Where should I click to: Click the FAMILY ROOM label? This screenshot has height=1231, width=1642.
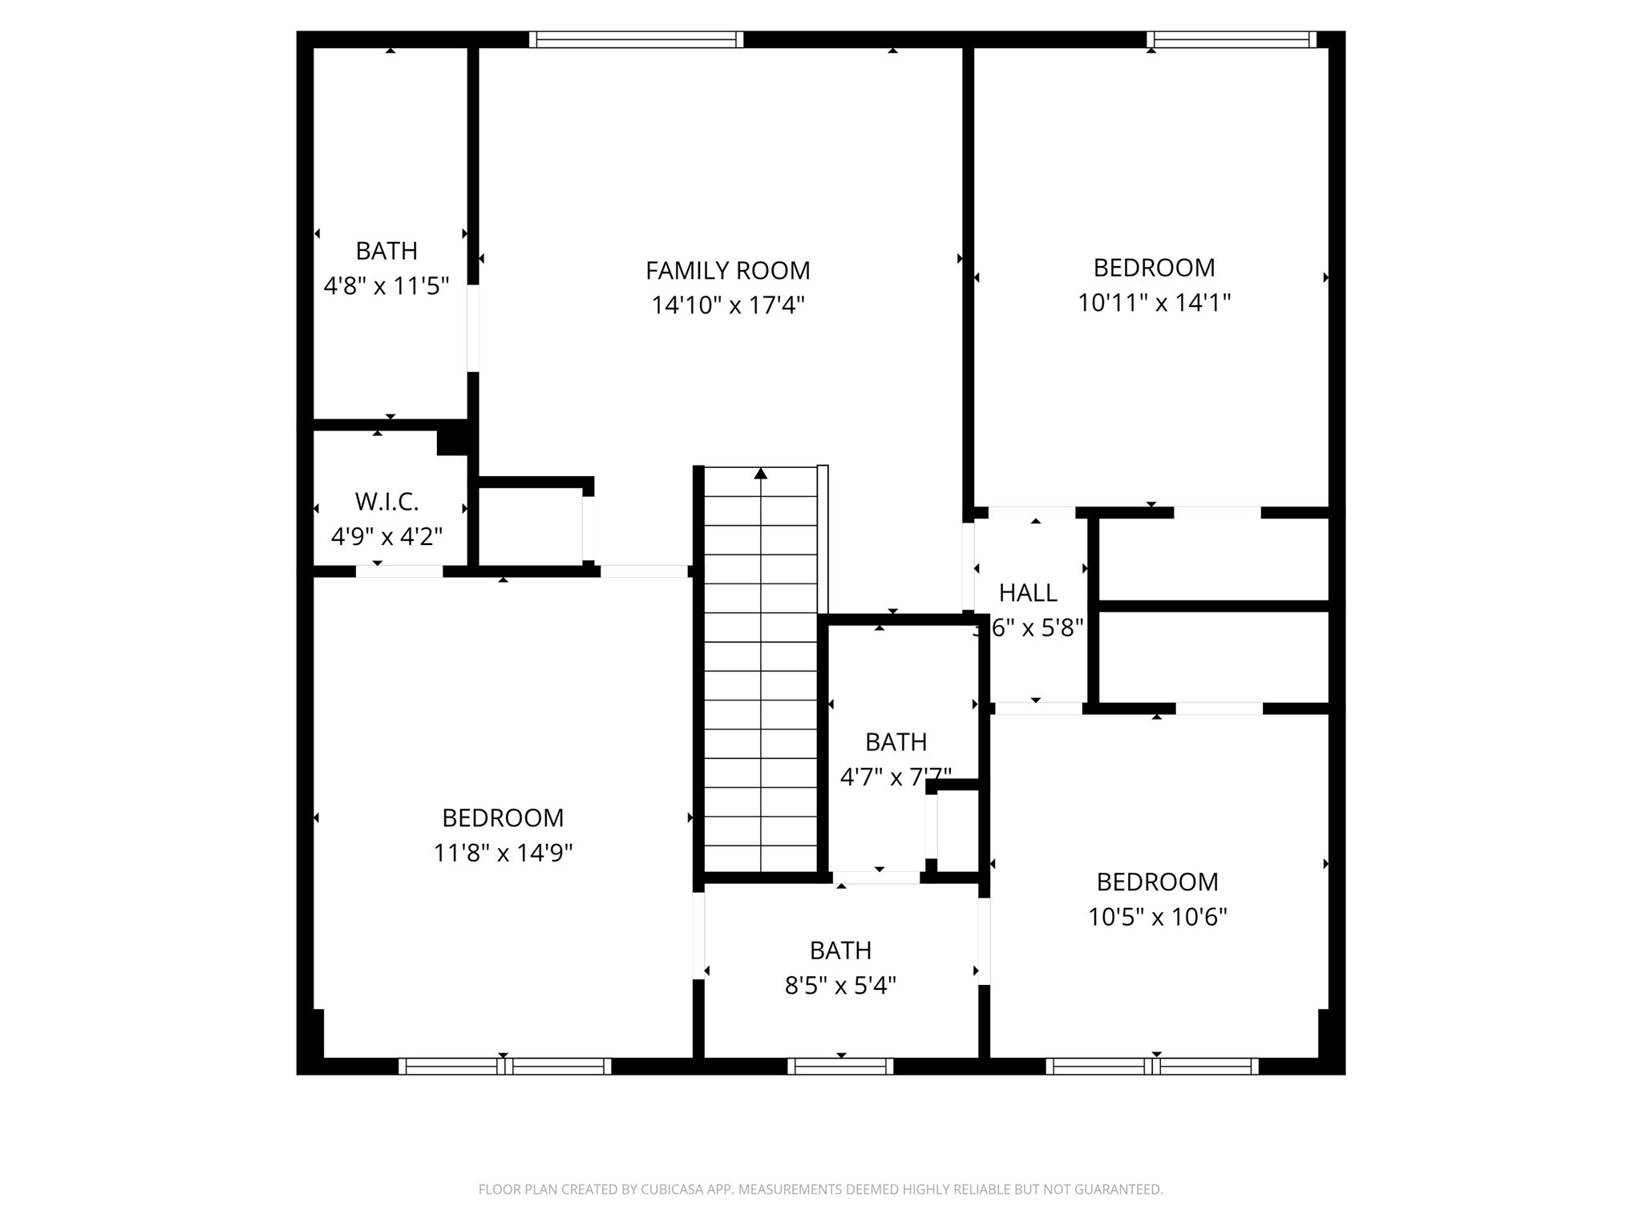(x=727, y=271)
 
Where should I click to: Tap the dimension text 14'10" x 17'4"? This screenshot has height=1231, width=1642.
(x=727, y=305)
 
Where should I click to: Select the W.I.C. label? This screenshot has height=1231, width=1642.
(x=386, y=502)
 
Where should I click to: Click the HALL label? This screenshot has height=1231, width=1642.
(x=1028, y=593)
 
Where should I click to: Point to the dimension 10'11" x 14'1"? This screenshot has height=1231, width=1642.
(x=1154, y=303)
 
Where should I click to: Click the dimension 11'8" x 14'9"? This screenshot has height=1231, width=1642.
(x=503, y=853)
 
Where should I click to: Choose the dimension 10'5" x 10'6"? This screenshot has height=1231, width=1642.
(x=1157, y=917)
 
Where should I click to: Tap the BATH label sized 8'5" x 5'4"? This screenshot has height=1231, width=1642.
(x=840, y=950)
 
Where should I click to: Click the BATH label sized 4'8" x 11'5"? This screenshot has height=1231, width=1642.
(x=386, y=251)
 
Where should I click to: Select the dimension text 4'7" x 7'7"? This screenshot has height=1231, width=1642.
(x=896, y=777)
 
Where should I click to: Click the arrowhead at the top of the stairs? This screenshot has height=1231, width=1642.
(x=761, y=474)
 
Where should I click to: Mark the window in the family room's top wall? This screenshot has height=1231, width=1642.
(x=636, y=39)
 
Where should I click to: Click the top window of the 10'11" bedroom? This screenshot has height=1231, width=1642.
(x=1231, y=39)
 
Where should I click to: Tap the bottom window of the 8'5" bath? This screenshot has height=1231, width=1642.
(x=840, y=1066)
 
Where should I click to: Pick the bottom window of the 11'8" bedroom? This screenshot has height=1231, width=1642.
(x=504, y=1066)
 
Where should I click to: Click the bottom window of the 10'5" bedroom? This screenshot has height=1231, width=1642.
(x=1152, y=1066)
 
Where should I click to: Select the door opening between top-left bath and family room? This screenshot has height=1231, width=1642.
(x=473, y=329)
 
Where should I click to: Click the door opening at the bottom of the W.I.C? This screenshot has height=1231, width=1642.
(x=399, y=571)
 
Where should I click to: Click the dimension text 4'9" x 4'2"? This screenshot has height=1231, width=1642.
(x=386, y=536)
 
